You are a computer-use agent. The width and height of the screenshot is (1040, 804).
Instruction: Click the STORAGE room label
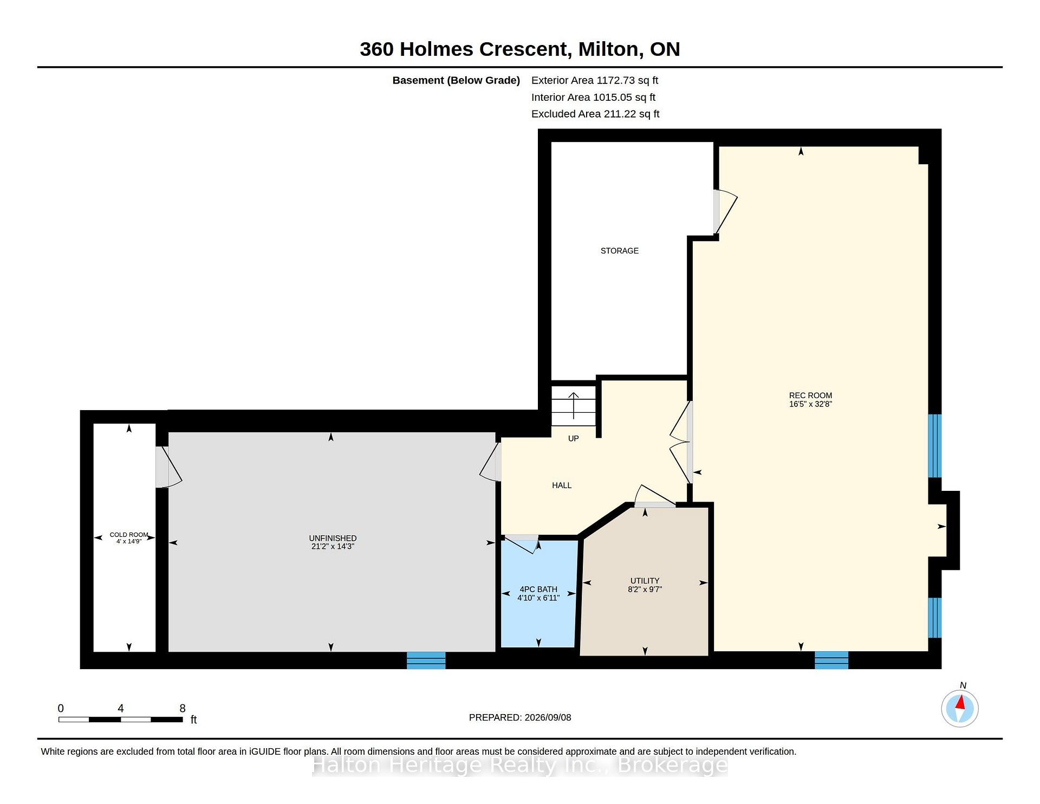click(x=619, y=251)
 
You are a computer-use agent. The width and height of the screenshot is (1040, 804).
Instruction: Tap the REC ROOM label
click(x=810, y=395)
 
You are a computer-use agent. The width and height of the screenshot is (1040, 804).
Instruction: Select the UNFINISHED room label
click(x=333, y=538)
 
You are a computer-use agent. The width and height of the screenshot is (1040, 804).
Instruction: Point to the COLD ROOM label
click(x=129, y=535)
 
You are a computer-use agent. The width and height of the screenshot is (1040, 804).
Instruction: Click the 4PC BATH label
click(x=538, y=589)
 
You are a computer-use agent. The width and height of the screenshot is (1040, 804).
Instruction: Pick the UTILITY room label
click(x=645, y=581)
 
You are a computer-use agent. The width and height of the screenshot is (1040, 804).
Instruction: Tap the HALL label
click(x=562, y=485)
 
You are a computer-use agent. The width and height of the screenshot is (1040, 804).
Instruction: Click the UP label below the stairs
click(x=573, y=438)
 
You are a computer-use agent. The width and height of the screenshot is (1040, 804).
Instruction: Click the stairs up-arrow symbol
click(x=573, y=405)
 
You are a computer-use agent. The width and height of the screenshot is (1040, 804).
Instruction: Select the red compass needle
click(x=961, y=703)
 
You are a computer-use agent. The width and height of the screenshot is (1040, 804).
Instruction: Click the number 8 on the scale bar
click(x=183, y=708)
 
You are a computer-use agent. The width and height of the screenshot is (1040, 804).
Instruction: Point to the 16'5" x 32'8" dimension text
click(x=810, y=404)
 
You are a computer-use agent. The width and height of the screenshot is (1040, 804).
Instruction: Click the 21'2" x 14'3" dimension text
click(x=333, y=547)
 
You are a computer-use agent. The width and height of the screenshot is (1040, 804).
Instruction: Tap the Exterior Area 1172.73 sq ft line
click(x=595, y=80)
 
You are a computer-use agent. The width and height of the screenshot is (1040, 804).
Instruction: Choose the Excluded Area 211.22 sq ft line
click(x=595, y=114)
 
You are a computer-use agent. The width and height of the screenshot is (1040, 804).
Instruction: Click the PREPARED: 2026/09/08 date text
click(x=520, y=717)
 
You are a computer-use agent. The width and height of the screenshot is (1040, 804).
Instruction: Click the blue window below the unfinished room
click(x=426, y=660)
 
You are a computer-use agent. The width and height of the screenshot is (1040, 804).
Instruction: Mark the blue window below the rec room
click(x=831, y=660)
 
